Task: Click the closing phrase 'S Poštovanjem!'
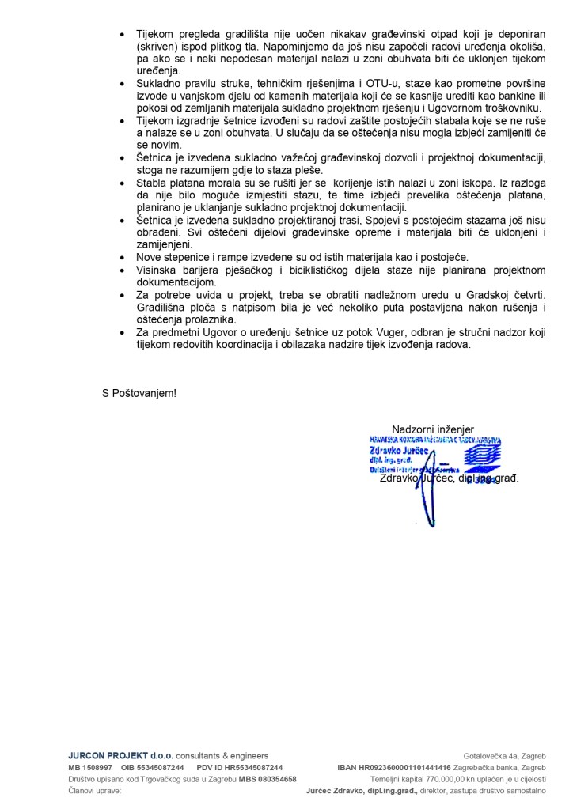tap(139, 393)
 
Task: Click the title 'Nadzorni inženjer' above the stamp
tap(432, 429)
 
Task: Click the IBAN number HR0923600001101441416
tap(405, 768)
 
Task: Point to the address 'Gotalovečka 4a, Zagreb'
tap(504, 756)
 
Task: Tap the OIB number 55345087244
tap(154, 768)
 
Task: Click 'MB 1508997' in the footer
tap(90, 768)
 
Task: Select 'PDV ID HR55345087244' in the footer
tap(240, 768)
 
